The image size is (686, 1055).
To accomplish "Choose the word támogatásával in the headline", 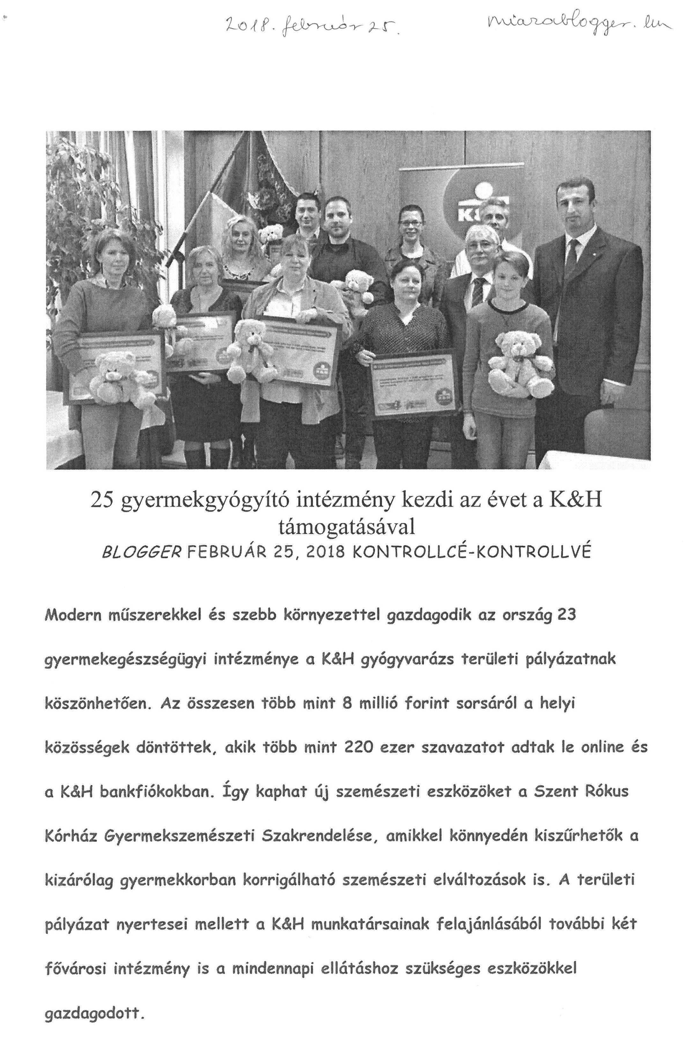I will pyautogui.click(x=346, y=527).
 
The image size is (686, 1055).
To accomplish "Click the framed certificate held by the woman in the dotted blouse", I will pyautogui.click(x=415, y=384).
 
